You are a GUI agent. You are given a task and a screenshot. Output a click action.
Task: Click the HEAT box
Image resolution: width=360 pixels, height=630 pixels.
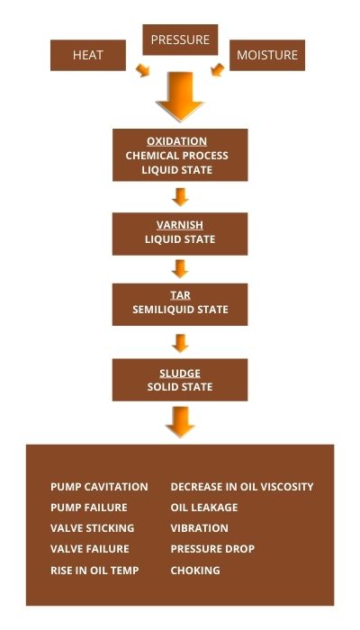point(88,55)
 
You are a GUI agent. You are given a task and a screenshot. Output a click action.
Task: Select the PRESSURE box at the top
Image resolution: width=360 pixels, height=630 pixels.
point(180,40)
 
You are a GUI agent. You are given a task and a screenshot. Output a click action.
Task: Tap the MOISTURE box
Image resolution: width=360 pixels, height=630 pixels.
point(267,55)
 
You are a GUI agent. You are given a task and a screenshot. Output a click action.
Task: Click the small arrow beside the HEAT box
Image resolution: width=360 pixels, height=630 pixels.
point(142,70)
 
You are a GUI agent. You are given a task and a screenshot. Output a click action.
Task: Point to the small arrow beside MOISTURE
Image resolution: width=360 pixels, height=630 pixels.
point(218,70)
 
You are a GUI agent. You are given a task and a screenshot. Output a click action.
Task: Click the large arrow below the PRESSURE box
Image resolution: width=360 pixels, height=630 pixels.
point(180,96)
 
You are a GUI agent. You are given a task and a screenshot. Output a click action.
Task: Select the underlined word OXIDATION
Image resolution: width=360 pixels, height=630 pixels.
point(176,141)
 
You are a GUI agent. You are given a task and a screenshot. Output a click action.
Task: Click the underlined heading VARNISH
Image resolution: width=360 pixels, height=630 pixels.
point(180,225)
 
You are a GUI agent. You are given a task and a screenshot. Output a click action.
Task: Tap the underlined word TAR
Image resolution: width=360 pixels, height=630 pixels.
point(180,295)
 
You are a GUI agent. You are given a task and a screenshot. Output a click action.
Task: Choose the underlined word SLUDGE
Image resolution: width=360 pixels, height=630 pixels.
point(180,373)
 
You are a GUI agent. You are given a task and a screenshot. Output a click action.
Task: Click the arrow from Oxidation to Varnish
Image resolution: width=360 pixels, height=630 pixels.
point(180,197)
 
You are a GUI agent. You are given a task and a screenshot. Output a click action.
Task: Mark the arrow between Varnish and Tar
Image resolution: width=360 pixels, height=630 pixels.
point(180,269)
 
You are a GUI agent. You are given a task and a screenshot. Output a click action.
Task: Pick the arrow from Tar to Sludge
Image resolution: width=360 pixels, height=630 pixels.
point(180,344)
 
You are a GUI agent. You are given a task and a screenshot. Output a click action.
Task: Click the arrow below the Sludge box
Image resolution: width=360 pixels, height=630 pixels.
point(180,422)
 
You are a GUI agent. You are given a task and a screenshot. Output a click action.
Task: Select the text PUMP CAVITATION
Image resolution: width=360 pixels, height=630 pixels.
point(99,487)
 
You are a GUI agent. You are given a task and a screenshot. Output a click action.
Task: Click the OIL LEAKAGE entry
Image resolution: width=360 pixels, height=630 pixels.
point(204,508)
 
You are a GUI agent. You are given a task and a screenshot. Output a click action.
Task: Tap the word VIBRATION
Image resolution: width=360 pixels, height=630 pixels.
point(199,528)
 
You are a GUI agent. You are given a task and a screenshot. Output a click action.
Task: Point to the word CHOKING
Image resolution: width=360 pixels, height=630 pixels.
point(195,571)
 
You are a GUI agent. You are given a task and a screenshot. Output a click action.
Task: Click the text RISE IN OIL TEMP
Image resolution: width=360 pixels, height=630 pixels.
point(94,571)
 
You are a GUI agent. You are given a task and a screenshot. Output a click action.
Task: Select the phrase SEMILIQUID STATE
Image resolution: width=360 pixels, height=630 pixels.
point(180,310)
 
